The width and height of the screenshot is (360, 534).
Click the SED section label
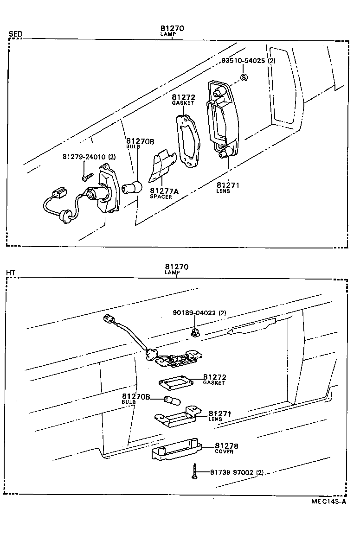[15, 34]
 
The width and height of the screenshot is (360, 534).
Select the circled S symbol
[244, 77]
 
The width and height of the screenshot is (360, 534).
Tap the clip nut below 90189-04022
[195, 331]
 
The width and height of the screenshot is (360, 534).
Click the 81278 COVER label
[226, 448]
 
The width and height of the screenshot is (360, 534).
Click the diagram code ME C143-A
[328, 502]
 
